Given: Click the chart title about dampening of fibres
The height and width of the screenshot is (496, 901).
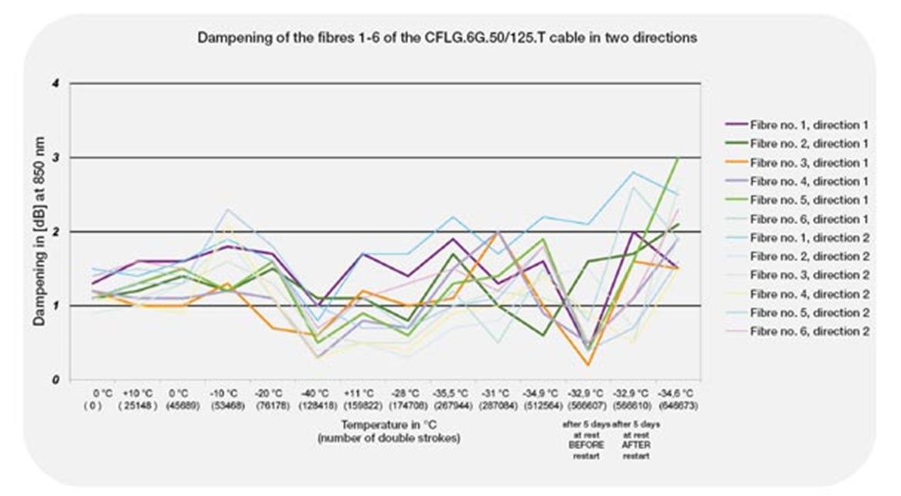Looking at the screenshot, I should click(447, 38).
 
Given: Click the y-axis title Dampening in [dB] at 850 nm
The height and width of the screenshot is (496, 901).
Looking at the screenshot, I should click(39, 231).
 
